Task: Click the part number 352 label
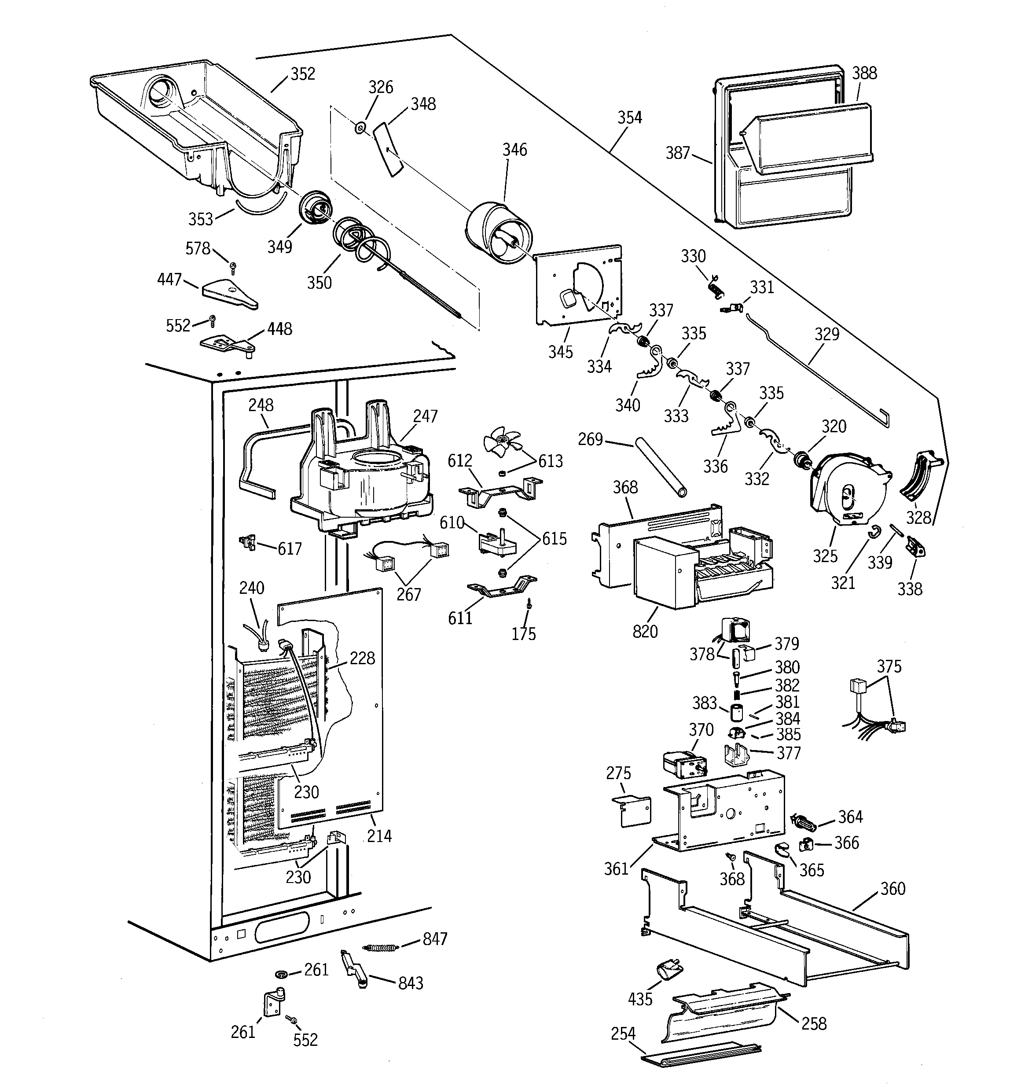tap(302, 74)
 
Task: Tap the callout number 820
tap(645, 632)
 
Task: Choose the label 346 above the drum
tap(514, 150)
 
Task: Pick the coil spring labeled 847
tap(380, 948)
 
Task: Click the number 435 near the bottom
tap(640, 999)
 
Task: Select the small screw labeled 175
tap(529, 603)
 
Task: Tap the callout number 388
tap(864, 74)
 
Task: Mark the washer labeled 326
tap(359, 128)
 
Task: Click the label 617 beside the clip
tap(289, 549)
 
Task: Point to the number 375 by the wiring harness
tap(889, 667)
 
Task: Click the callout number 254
tap(623, 1034)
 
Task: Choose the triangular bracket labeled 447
tap(229, 294)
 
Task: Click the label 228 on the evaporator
tap(362, 658)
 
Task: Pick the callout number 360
tap(892, 889)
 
